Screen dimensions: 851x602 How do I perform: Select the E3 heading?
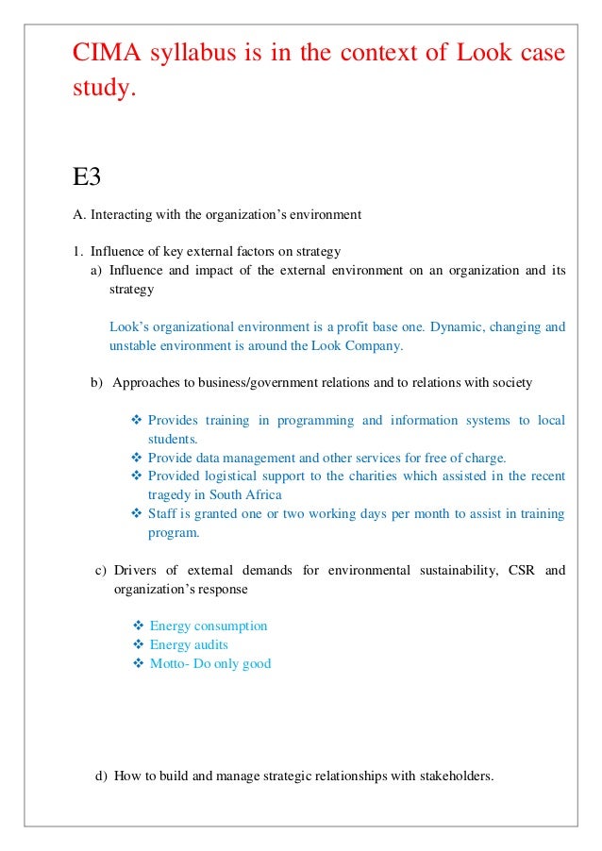[87, 175]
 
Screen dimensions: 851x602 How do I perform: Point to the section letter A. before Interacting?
[79, 214]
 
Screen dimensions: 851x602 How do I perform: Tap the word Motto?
[168, 663]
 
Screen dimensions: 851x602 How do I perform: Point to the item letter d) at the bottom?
[102, 776]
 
